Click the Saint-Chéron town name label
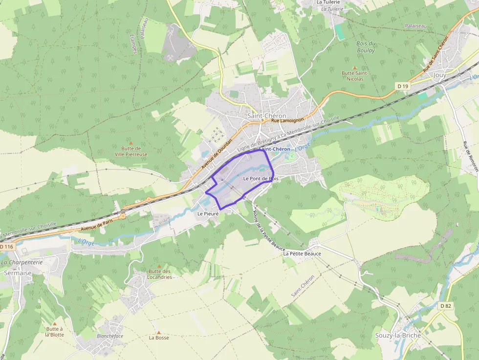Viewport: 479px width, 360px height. pos(266,116)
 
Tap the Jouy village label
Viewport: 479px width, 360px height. pos(439,75)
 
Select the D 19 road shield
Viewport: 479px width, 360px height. pos(402,86)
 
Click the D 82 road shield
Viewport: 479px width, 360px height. pos(445,306)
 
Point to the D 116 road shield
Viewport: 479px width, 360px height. pos(6,247)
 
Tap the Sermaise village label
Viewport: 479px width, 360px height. pos(17,273)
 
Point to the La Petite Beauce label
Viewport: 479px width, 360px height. pos(302,254)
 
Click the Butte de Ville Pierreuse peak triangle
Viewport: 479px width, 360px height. pos(131,143)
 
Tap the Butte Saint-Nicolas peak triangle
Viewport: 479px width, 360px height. pos(355,68)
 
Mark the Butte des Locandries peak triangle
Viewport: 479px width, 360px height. pos(159,266)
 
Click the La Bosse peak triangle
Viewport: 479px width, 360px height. pos(158,332)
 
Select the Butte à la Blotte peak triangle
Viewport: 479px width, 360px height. pos(54,323)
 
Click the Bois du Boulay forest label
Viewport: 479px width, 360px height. pos(366,47)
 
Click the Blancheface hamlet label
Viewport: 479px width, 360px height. pos(110,336)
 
